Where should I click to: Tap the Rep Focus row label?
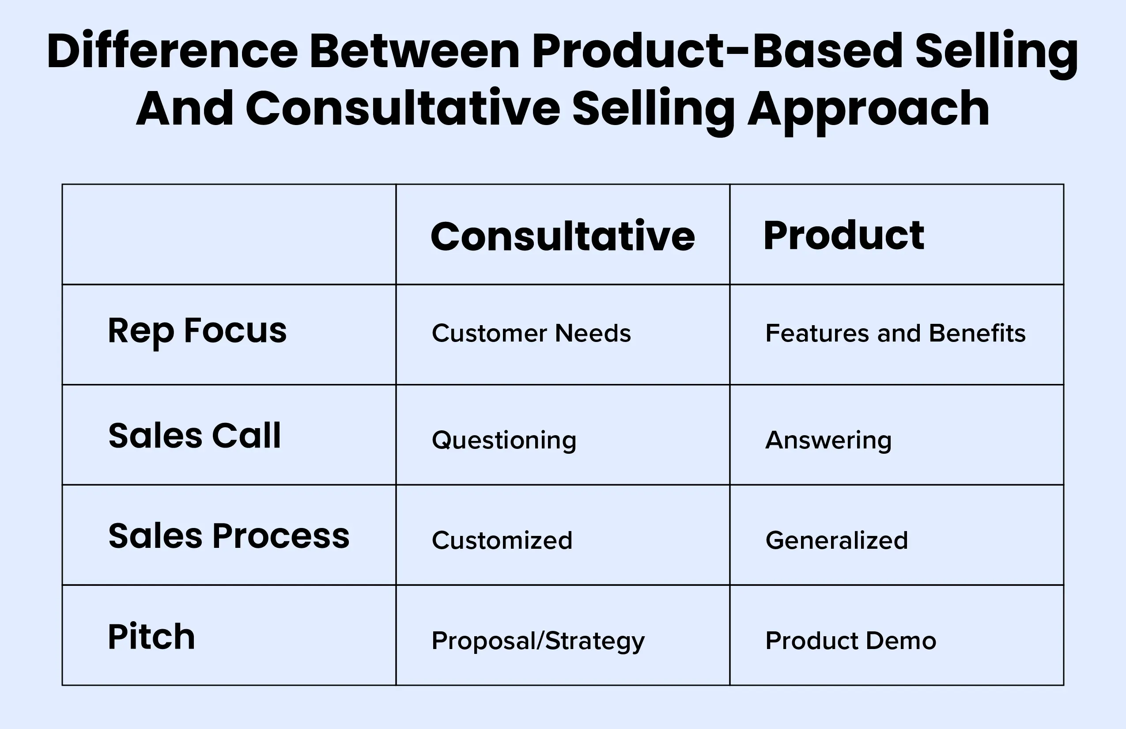197,332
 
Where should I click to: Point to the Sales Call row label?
194,436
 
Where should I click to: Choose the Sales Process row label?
229,536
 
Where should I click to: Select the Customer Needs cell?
531,333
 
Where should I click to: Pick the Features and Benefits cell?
896,333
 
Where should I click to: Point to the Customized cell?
502,540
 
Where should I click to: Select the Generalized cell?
837,540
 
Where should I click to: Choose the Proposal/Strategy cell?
538,642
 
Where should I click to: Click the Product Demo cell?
850,641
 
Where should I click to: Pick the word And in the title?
185,108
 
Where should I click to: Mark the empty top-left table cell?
229,234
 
